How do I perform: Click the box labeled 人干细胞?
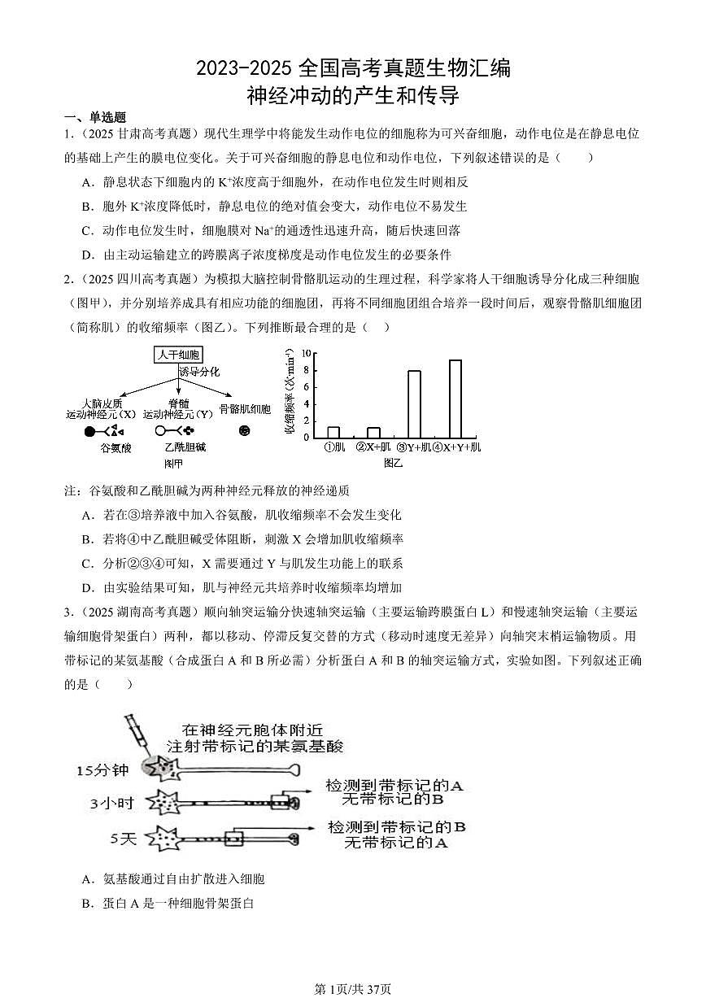178,355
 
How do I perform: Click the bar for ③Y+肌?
414,404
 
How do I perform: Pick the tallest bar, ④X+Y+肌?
455,399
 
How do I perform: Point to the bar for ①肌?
333,432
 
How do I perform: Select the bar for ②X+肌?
373,432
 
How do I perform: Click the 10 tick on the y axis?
306,353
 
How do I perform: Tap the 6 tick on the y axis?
307,387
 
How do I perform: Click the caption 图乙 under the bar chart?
393,463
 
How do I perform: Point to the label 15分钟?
103,769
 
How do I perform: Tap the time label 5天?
124,837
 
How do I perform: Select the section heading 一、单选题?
95,117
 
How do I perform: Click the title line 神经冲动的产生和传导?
353,96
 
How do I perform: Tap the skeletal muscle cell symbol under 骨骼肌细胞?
244,430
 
